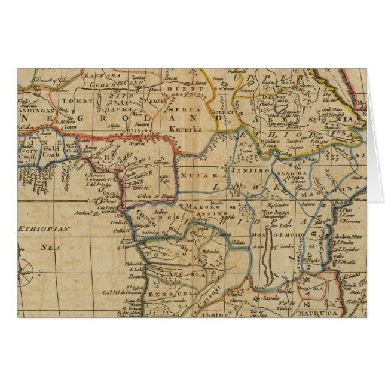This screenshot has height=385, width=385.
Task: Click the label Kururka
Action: tap(185, 129)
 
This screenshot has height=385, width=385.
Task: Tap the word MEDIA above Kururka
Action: tap(182, 111)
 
